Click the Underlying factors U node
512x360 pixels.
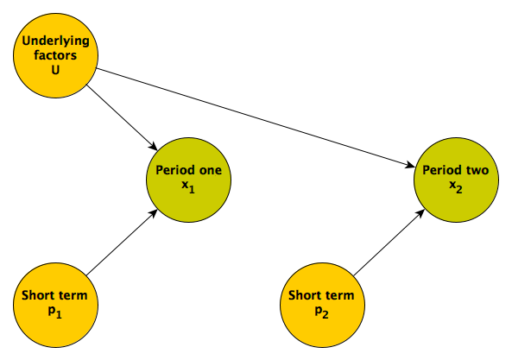[x=55, y=55]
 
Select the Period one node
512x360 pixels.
[x=189, y=180]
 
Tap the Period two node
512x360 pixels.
[x=456, y=180]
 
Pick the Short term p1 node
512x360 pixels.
[x=55, y=305]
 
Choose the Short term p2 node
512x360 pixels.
[x=322, y=305]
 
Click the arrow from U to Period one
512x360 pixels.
[x=122, y=117]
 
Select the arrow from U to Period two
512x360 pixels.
[x=256, y=117]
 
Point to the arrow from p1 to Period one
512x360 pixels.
[x=122, y=243]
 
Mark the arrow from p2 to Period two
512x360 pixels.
[x=389, y=243]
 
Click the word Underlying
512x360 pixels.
[x=55, y=41]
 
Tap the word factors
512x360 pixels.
[x=55, y=55]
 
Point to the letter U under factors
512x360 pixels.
[x=55, y=70]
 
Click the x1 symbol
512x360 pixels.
[x=188, y=186]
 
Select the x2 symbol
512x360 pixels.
[x=456, y=186]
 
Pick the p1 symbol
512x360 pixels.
[x=55, y=312]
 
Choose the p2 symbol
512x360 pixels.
[x=322, y=312]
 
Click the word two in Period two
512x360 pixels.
[x=477, y=170]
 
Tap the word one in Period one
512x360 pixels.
[x=211, y=170]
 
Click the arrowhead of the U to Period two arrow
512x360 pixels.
[x=410, y=166]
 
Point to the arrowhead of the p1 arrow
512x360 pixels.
[x=154, y=213]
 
